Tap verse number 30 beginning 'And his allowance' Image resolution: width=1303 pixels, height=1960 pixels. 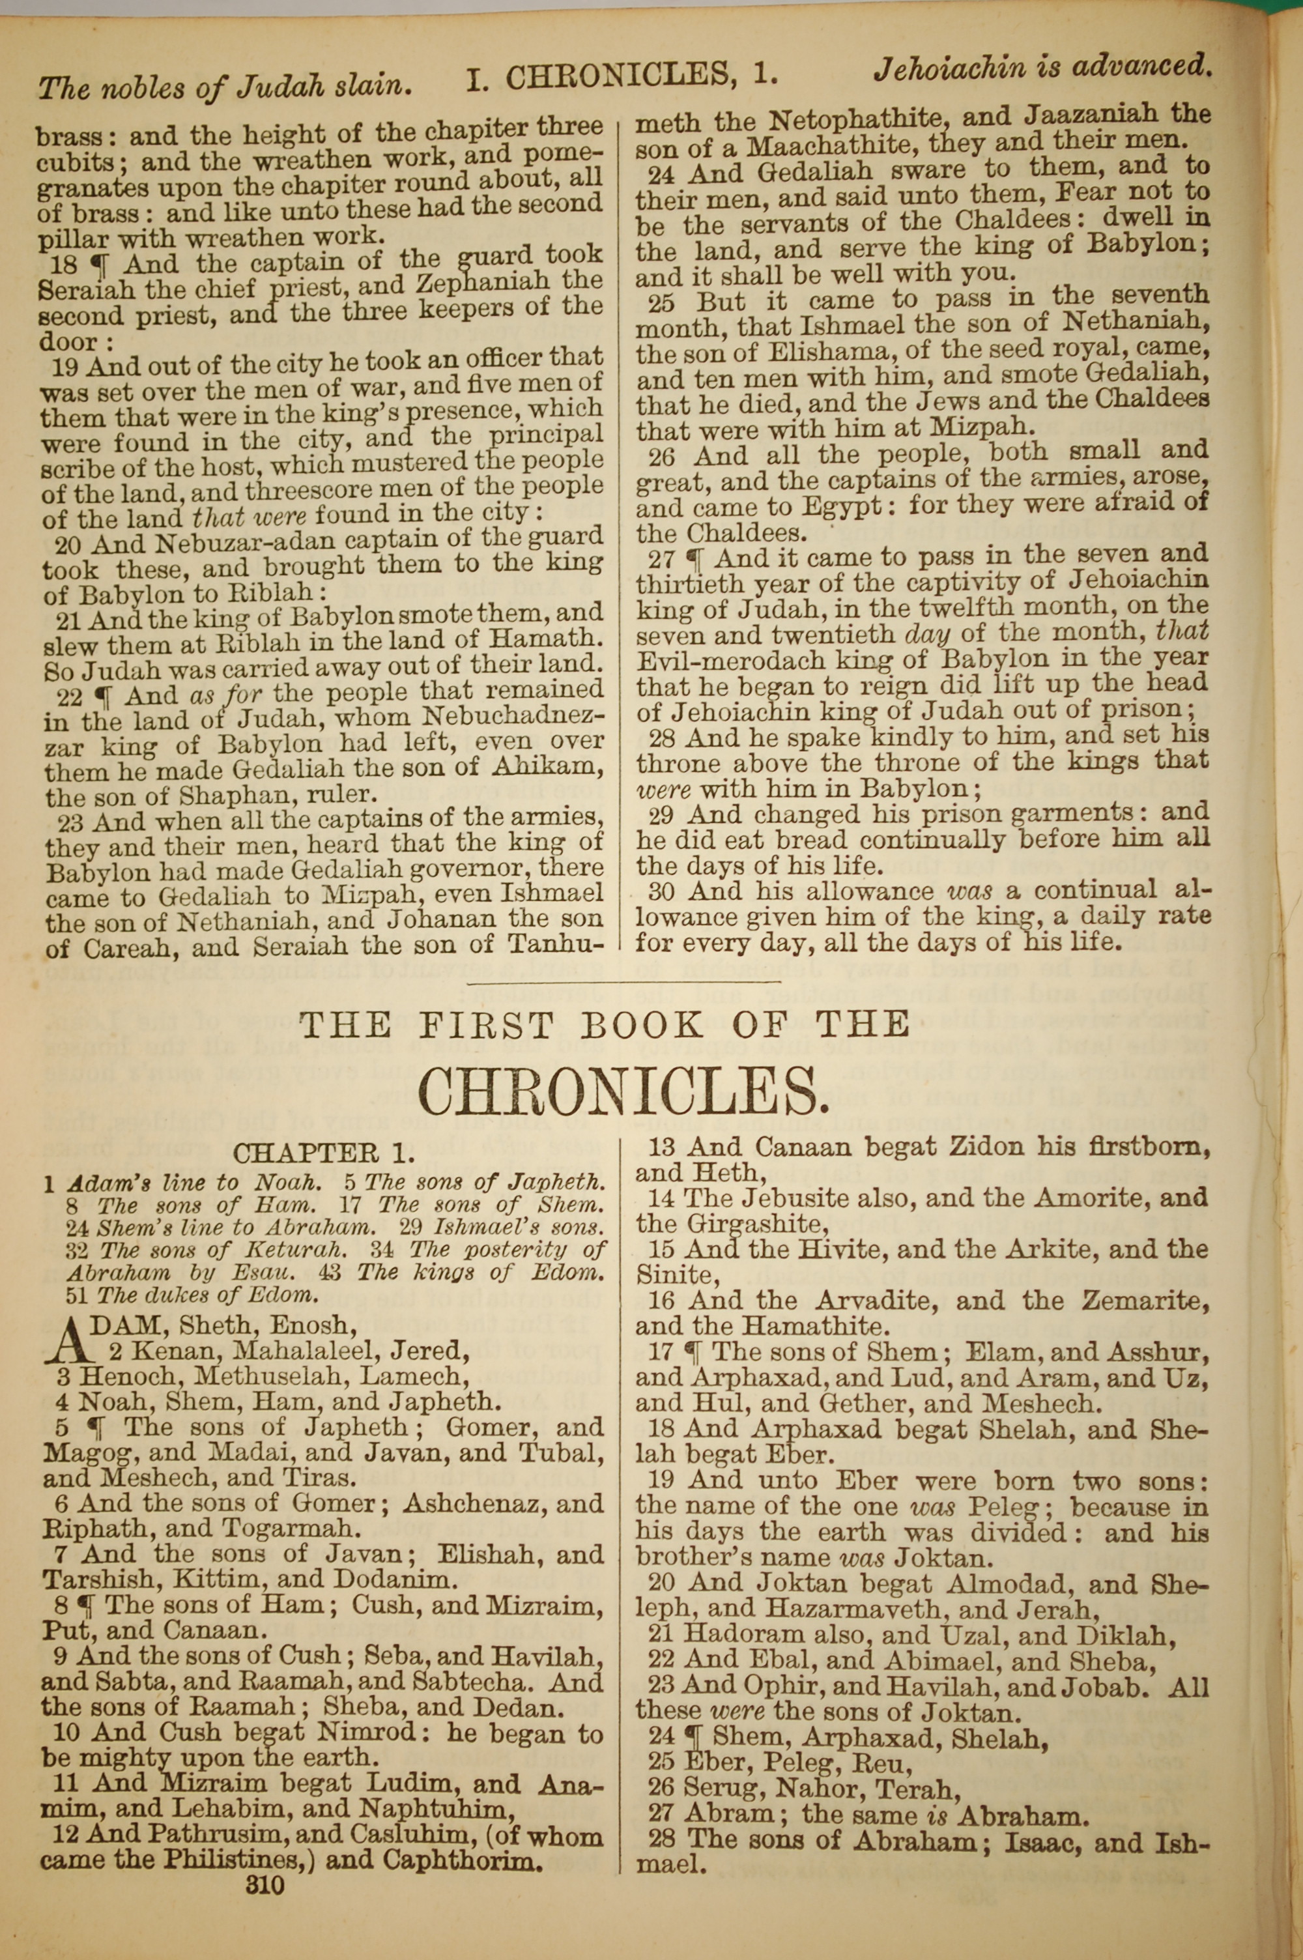657,891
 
